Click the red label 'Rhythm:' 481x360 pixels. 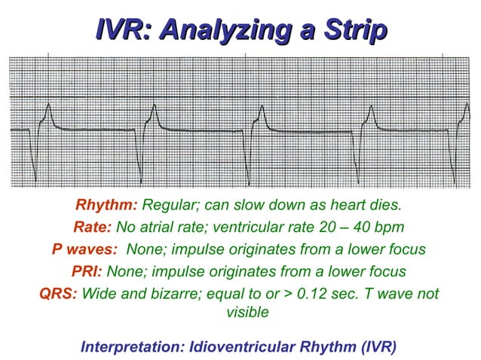106,205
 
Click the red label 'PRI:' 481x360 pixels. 88,271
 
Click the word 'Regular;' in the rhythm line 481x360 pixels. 167,205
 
